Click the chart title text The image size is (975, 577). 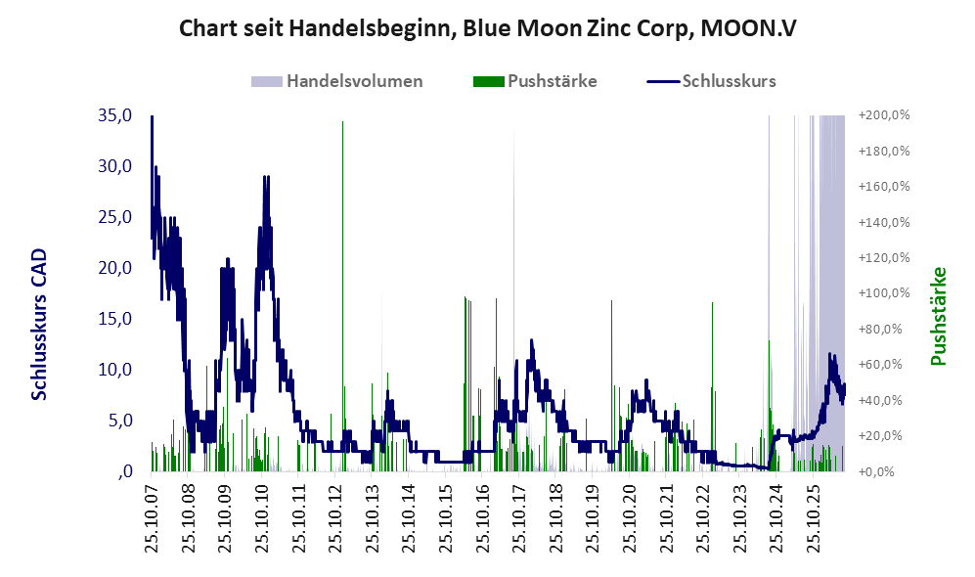[x=487, y=28]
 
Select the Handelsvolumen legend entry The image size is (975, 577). [x=337, y=81]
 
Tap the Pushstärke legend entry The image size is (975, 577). [x=535, y=81]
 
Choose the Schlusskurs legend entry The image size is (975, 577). [x=711, y=81]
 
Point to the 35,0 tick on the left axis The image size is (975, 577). [x=115, y=115]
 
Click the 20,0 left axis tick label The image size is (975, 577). [x=115, y=268]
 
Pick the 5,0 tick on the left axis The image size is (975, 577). [x=119, y=421]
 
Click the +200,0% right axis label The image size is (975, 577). [x=884, y=115]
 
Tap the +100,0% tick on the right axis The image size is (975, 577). [x=884, y=292]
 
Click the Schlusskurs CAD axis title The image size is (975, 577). [x=39, y=325]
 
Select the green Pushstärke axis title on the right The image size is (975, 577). [x=938, y=317]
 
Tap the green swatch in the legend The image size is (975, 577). [x=488, y=81]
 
